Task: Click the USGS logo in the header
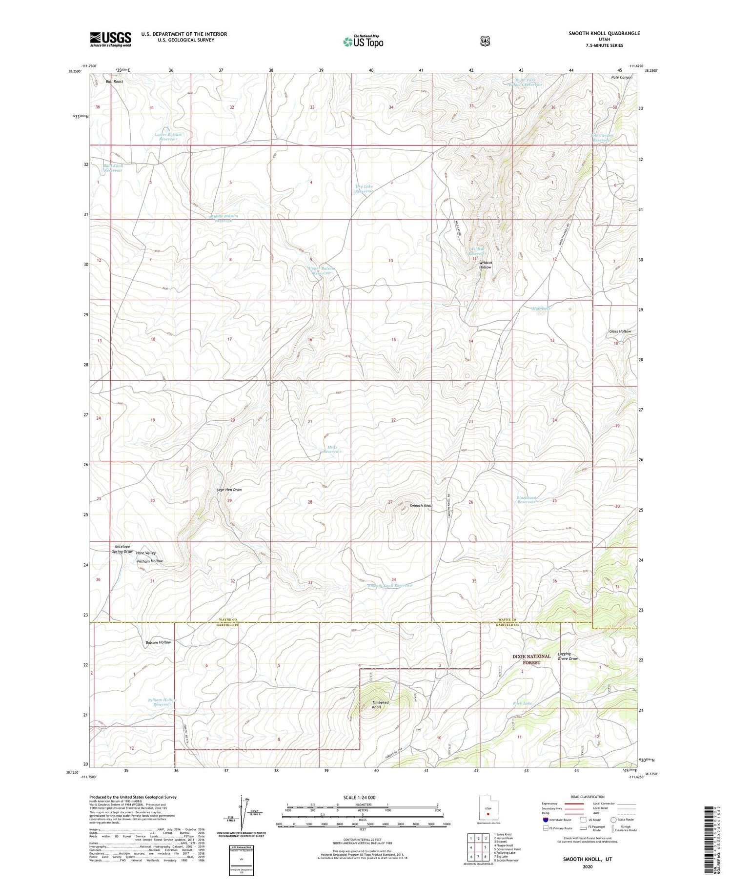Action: (110, 39)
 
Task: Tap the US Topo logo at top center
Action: (363, 41)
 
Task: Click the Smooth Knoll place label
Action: (421, 506)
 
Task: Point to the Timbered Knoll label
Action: (380, 704)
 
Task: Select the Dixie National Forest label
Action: (531, 659)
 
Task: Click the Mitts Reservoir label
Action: (332, 450)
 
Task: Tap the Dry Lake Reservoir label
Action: (364, 188)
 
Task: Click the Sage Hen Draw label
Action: (229, 489)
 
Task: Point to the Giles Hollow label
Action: (620, 331)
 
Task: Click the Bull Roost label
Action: (114, 82)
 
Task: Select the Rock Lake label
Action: (522, 703)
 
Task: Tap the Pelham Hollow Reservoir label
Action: (162, 702)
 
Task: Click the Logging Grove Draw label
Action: (568, 656)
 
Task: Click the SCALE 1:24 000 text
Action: (362, 798)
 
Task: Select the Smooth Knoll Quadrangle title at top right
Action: (604, 33)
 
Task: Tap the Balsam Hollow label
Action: (158, 642)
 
